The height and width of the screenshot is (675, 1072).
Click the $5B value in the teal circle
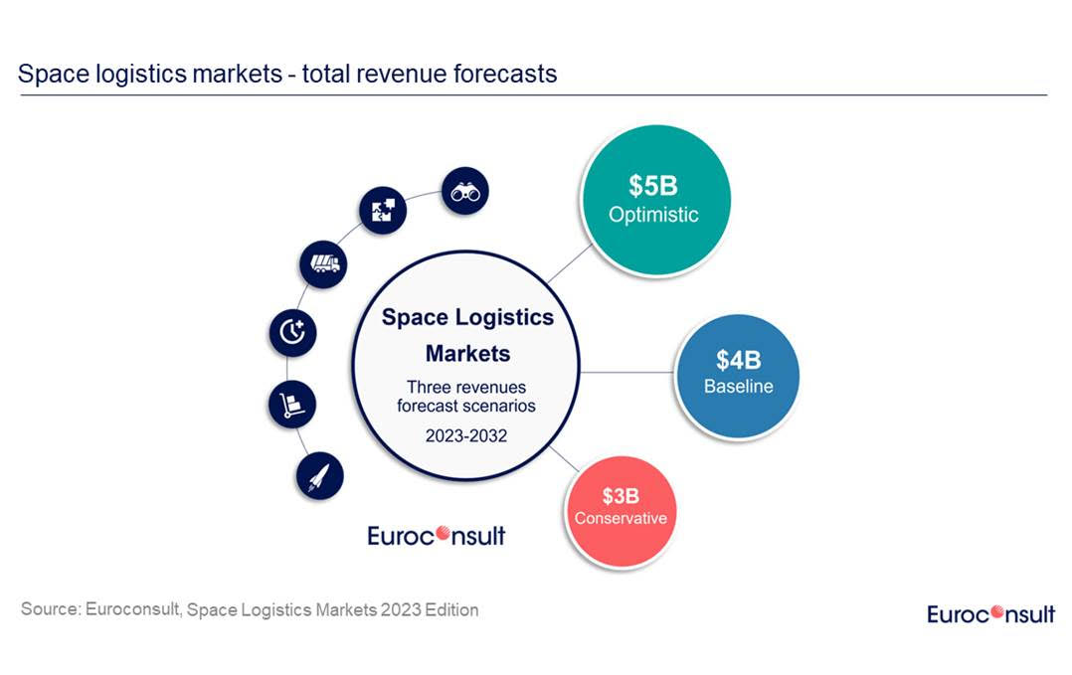[x=653, y=185]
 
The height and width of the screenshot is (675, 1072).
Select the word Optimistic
[x=653, y=214]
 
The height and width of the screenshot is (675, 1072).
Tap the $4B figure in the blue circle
[x=738, y=360]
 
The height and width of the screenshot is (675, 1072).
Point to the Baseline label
[x=738, y=386]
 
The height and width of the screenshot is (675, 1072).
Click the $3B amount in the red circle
[x=621, y=495]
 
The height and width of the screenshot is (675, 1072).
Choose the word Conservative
[x=621, y=518]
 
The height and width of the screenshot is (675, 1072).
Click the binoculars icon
[x=464, y=192]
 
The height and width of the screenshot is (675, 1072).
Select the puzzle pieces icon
[x=383, y=210]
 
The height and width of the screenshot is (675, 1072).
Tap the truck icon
[x=323, y=263]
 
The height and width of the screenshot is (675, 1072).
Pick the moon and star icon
[x=292, y=332]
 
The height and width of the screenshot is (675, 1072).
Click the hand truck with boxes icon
[x=292, y=405]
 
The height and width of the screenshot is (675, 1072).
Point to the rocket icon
[x=319, y=476]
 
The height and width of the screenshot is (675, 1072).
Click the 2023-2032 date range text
[x=466, y=434]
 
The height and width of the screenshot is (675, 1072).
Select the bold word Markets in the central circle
[x=467, y=353]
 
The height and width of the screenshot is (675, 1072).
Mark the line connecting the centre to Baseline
[x=628, y=372]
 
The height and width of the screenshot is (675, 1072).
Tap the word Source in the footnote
[x=49, y=608]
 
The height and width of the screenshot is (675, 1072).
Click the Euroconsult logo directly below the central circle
[x=436, y=536]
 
